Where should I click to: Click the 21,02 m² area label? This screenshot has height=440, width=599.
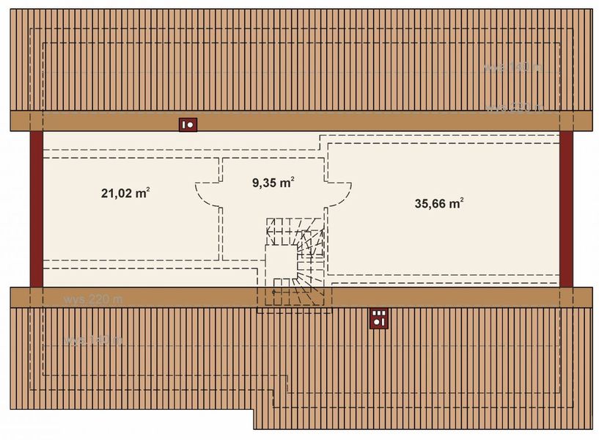tap(125, 194)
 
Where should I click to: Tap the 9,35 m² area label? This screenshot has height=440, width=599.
tap(273, 183)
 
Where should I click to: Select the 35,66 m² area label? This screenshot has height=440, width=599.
tap(439, 204)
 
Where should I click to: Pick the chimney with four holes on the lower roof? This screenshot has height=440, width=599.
tap(378, 318)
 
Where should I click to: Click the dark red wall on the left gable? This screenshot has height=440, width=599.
tap(36, 209)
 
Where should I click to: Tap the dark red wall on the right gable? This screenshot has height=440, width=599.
tap(566, 209)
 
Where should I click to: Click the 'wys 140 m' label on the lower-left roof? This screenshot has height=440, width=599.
tap(93, 341)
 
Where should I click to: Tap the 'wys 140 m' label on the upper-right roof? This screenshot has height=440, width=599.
tap(512, 67)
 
